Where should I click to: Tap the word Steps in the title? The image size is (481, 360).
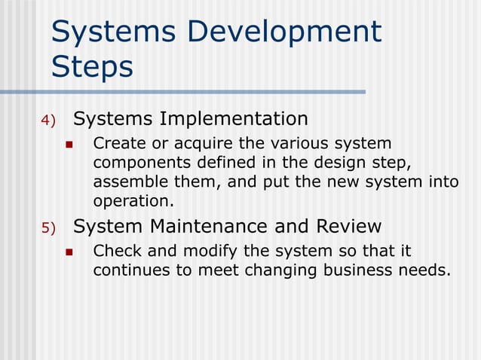(x=92, y=67)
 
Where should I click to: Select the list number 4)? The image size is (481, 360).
(x=48, y=121)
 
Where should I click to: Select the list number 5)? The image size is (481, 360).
(x=48, y=228)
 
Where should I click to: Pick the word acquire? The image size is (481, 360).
(x=200, y=144)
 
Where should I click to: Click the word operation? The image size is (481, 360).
(x=133, y=202)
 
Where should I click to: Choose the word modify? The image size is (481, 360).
(x=212, y=251)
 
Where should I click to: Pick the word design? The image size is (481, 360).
(x=343, y=163)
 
